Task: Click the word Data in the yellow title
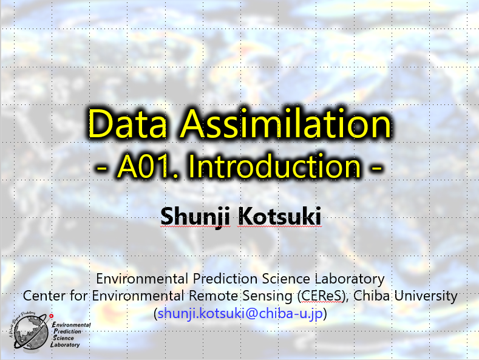coord(127,124)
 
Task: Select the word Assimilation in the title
coord(285,124)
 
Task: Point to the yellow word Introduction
coord(274,166)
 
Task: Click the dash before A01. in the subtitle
coord(102,168)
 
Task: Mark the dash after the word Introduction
coord(376,168)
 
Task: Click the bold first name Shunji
coord(195,217)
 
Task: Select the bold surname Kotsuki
coord(279,216)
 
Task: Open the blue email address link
coord(240,313)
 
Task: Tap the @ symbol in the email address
coord(251,313)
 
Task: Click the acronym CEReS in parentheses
coord(321,296)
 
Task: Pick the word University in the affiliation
coord(426,296)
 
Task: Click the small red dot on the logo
coord(52,316)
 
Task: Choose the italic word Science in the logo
coord(63,338)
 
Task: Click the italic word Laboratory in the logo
coord(65,345)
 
